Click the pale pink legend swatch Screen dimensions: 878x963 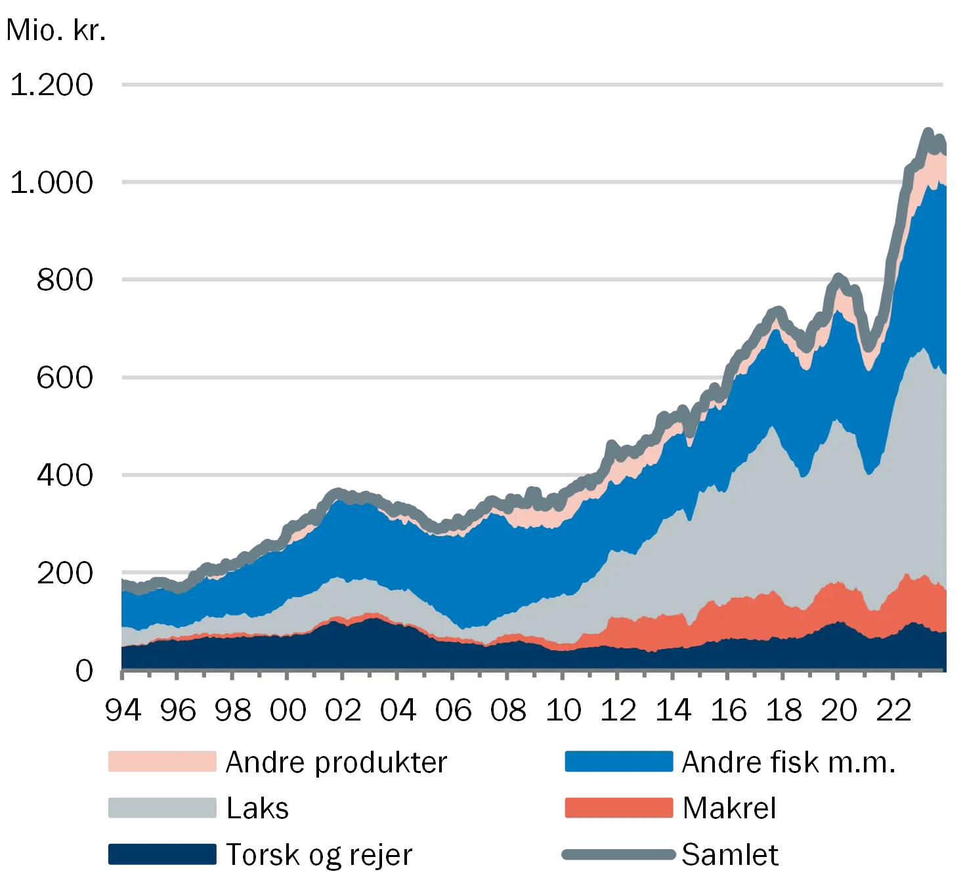161,763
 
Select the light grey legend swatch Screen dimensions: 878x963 161,806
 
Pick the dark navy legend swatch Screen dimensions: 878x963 161,853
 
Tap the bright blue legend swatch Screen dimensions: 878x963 618,763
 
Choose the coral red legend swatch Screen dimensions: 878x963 618,806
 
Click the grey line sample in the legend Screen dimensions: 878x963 617,853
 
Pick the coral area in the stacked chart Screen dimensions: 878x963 742,617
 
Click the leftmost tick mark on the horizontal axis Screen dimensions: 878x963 121,674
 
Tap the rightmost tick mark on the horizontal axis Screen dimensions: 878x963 944,674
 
